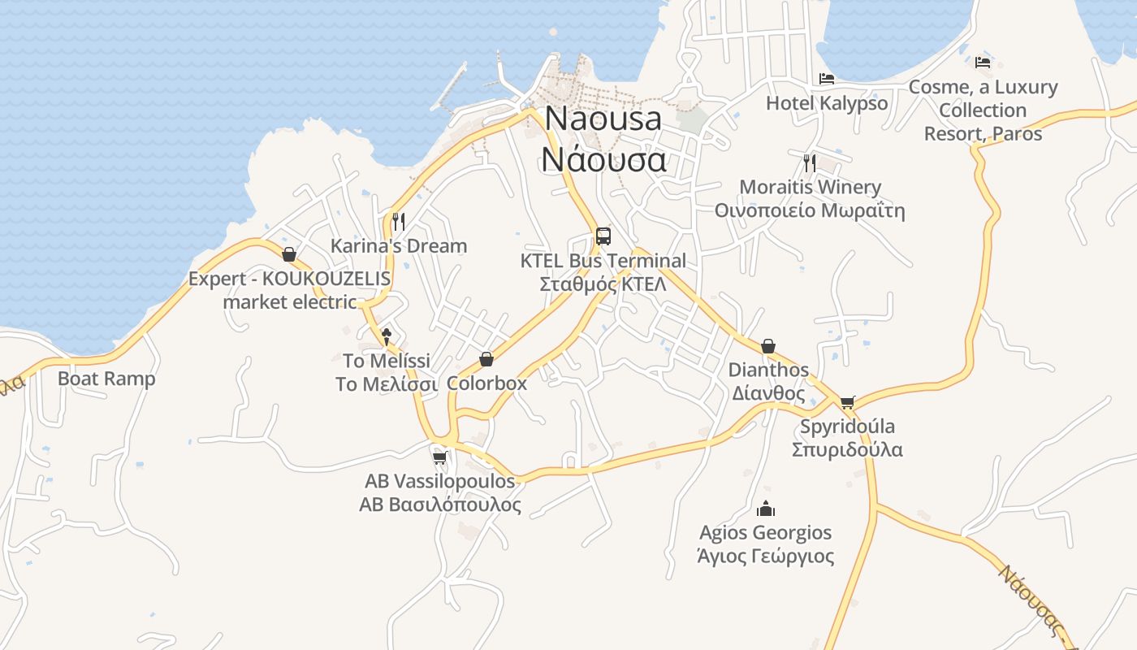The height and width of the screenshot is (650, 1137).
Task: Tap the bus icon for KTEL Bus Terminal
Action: tap(603, 236)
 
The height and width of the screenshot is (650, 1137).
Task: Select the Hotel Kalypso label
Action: tap(827, 103)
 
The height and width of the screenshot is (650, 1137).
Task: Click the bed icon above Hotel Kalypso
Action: tap(827, 79)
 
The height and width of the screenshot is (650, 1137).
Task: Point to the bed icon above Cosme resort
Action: tap(983, 62)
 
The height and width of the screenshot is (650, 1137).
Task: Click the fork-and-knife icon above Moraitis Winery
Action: tap(809, 162)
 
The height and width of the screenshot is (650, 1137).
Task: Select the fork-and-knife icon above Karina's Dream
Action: tap(398, 221)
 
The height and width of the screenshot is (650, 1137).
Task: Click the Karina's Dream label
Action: tap(399, 245)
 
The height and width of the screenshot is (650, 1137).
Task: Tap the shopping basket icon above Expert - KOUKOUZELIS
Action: tap(288, 254)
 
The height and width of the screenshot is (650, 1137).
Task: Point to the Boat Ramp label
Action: tap(106, 379)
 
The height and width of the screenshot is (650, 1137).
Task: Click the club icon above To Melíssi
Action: tap(387, 336)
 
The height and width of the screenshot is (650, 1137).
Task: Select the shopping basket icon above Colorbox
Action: tap(486, 359)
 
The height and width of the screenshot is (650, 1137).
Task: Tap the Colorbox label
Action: tap(486, 383)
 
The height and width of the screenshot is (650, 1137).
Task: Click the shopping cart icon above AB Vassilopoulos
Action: tap(439, 457)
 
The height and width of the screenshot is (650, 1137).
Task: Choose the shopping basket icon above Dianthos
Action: tap(767, 346)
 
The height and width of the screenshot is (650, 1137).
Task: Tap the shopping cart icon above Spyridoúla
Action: tap(847, 402)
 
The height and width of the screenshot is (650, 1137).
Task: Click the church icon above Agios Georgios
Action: tap(765, 509)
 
